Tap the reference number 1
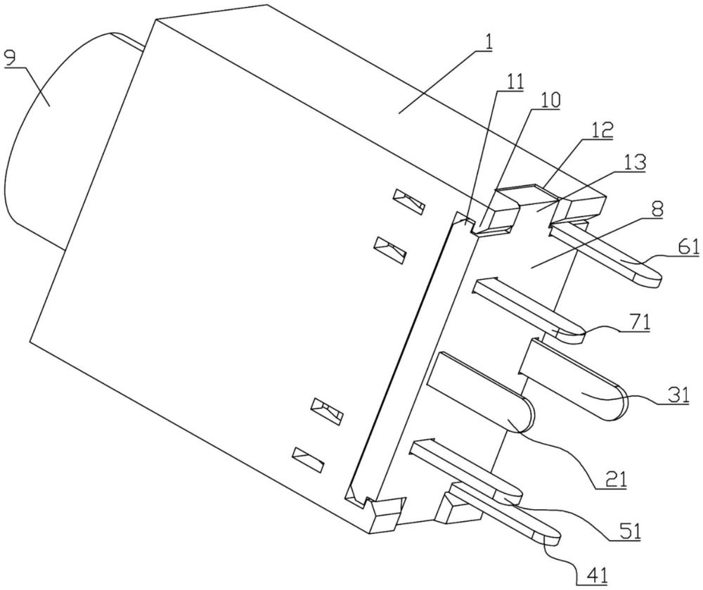(x=487, y=42)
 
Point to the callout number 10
(x=551, y=101)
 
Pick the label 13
(x=636, y=162)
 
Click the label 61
(x=689, y=247)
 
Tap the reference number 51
(x=631, y=530)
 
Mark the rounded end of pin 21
(x=532, y=413)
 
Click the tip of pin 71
(x=583, y=335)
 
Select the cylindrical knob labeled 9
(x=67, y=134)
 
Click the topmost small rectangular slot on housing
(x=409, y=201)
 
